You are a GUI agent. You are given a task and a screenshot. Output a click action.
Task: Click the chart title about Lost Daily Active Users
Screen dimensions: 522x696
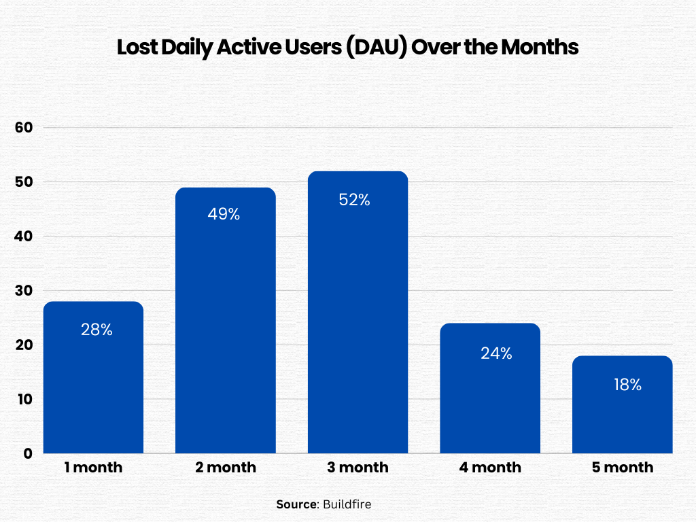(x=347, y=48)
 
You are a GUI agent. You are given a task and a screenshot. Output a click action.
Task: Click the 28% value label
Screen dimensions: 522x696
(x=97, y=330)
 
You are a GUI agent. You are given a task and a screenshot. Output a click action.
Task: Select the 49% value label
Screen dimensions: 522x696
(x=224, y=214)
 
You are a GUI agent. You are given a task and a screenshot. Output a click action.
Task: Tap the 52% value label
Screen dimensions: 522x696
(x=354, y=200)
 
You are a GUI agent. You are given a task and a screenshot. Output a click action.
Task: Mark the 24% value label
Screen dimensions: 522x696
(x=496, y=353)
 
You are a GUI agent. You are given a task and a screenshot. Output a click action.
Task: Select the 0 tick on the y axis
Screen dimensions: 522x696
(x=28, y=453)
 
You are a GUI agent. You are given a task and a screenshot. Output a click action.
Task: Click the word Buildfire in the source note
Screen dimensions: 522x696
(x=347, y=504)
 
